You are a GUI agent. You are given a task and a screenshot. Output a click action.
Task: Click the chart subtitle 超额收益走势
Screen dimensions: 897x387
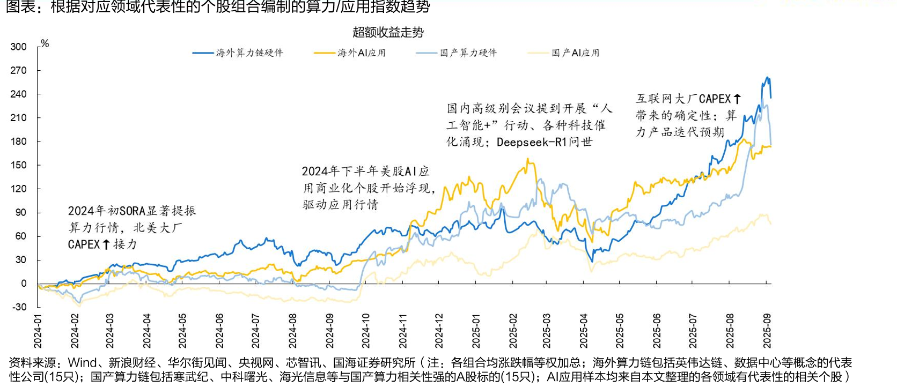coord(388,32)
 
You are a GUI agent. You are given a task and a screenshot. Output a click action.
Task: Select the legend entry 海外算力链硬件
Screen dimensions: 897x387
coord(238,53)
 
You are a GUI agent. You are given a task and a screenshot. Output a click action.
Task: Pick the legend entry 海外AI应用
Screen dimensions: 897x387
coord(350,53)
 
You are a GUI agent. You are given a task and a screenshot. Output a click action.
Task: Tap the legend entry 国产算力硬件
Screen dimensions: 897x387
coord(457,53)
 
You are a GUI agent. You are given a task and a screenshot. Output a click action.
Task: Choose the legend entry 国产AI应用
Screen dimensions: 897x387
coord(564,53)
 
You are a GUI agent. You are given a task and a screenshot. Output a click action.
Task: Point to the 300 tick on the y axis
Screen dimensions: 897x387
coord(18,47)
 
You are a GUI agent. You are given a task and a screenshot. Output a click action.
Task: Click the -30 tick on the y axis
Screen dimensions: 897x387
coord(19,307)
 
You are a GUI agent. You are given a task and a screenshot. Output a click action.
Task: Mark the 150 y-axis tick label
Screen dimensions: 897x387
coord(18,165)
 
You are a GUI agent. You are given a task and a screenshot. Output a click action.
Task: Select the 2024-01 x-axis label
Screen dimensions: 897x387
coord(38,331)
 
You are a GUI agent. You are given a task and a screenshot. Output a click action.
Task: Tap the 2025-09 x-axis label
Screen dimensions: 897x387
coord(767,331)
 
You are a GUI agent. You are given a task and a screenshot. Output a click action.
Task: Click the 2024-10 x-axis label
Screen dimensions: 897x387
coord(365,331)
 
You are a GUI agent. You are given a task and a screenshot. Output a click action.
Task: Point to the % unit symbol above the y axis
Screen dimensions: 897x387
coord(45,43)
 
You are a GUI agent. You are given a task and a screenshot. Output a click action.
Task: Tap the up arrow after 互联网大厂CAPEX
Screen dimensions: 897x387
coord(737,99)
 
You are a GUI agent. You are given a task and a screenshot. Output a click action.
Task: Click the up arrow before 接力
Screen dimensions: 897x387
coord(106,244)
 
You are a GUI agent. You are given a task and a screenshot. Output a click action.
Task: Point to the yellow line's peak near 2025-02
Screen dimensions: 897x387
coord(528,159)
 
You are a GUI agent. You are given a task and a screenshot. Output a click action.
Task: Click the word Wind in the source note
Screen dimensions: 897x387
coord(82,362)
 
